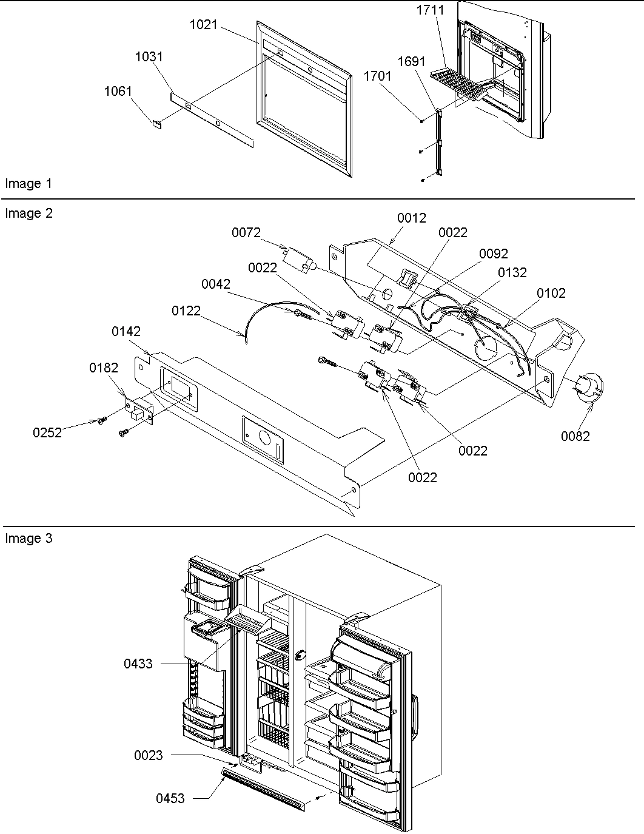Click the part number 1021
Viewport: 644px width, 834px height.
[203, 25]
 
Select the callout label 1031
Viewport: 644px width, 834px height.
[149, 56]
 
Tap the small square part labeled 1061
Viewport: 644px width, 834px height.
[156, 124]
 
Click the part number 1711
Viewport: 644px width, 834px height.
[430, 10]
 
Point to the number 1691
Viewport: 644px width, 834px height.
[411, 62]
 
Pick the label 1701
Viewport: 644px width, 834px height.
[377, 76]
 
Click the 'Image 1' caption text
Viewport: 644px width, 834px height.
[29, 183]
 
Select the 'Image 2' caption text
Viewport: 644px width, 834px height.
[29, 214]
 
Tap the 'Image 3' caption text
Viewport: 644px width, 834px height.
[29, 539]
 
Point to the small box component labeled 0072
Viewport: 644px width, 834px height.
[300, 260]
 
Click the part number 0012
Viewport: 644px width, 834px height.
[412, 218]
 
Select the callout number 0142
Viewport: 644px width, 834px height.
[126, 331]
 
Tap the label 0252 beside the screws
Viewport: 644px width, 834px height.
[47, 432]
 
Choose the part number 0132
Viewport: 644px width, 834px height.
[512, 273]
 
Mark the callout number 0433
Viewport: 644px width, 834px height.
[138, 664]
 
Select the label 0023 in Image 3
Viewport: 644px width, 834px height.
[148, 755]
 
